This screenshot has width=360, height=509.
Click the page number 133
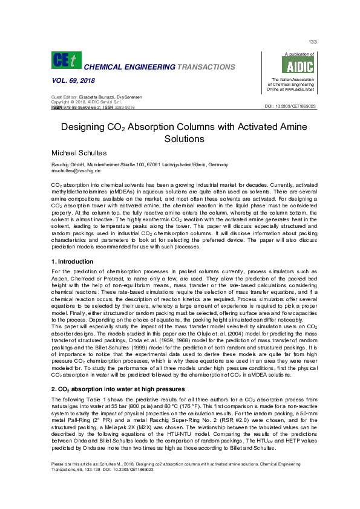pyautogui.click(x=313, y=41)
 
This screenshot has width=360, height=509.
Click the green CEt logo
pyautogui.click(x=64, y=60)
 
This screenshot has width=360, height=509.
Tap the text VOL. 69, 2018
pyautogui.click(x=66, y=80)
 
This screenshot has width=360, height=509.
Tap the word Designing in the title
pyautogui.click(x=88, y=128)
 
